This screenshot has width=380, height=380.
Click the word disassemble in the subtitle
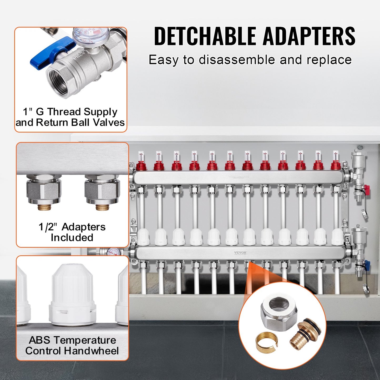click(237, 60)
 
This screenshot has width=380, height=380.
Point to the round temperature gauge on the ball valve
click(91, 36)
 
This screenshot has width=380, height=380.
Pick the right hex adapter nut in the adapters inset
click(102, 190)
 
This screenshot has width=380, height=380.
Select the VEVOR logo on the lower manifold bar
click(240, 253)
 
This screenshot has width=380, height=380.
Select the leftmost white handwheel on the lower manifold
click(143, 237)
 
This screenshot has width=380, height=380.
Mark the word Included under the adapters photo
click(72, 237)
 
